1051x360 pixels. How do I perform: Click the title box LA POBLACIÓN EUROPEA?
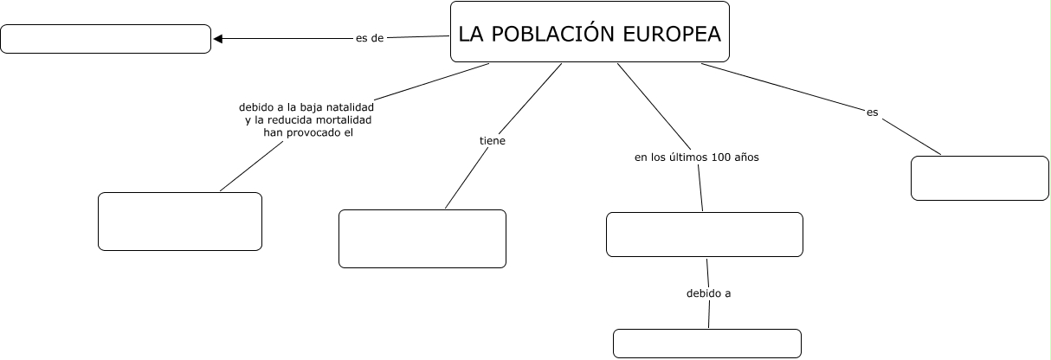(590, 32)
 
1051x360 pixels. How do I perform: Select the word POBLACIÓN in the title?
(553, 34)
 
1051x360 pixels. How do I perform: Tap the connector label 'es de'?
(370, 38)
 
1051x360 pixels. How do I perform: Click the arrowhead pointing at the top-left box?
(218, 38)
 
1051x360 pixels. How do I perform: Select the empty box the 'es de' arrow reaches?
(106, 39)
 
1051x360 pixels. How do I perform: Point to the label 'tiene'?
(493, 139)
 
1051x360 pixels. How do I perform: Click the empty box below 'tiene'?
(422, 238)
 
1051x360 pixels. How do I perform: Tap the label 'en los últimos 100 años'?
(697, 157)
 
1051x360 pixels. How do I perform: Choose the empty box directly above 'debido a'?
(705, 235)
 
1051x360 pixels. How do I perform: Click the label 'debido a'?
(709, 293)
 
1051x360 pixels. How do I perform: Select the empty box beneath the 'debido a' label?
(707, 343)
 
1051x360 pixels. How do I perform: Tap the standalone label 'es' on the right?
(872, 112)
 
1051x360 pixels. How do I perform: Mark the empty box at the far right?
(980, 178)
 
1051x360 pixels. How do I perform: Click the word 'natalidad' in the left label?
(349, 107)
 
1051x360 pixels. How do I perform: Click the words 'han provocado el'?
(309, 132)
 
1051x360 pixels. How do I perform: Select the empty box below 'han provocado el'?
(180, 222)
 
